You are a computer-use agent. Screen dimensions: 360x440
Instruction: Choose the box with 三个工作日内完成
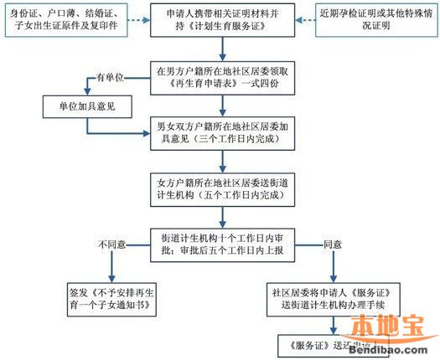click(220, 133)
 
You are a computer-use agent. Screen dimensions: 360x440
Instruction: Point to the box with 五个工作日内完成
click(220, 188)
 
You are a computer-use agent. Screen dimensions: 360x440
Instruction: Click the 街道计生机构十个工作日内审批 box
click(220, 244)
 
